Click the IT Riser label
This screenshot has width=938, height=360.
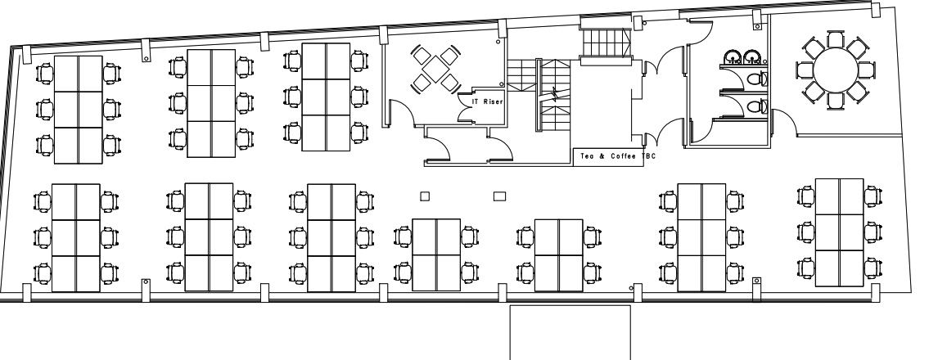pos(488,101)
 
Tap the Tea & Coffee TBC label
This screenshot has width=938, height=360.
pos(618,156)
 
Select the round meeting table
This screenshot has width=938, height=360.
pos(836,70)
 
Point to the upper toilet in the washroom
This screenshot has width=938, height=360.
pos(757,79)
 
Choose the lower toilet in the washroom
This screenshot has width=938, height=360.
pos(757,107)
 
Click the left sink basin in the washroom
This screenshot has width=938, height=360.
pos(733,58)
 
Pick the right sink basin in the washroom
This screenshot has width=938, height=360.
pos(751,58)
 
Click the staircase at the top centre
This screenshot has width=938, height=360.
pos(606,42)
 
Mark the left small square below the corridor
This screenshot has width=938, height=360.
pos(425,196)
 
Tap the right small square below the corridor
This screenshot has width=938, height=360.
pos(499,196)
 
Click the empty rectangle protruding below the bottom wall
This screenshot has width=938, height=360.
pos(570,332)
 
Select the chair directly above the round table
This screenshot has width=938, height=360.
pos(836,40)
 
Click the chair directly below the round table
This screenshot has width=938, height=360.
pos(836,100)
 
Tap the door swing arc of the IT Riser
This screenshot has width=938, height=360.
pos(466,108)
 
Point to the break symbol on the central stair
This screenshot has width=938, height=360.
pos(555,94)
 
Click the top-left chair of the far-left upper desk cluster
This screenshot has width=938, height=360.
pos(45,74)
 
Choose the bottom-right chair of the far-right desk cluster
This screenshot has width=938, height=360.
pos(873,268)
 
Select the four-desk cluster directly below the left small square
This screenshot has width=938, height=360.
pos(436,255)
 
